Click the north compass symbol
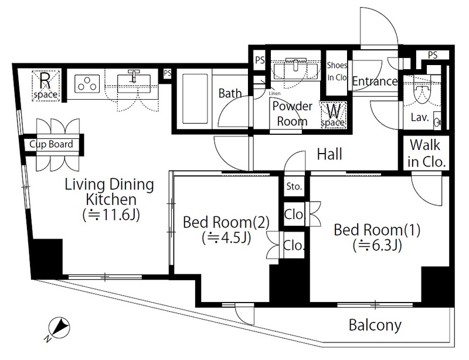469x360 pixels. tap(59, 328)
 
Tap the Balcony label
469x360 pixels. tap(375, 325)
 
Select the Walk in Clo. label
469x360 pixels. tap(426, 154)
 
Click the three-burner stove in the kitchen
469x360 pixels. tap(87, 83)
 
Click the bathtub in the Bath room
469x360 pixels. tap(195, 99)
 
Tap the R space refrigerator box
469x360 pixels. tap(45, 85)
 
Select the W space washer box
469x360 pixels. tap(333, 115)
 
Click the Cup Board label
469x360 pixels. tap(51, 144)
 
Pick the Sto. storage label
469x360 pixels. tap(294, 186)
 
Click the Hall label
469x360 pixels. tap(329, 154)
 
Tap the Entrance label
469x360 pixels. tap(375, 81)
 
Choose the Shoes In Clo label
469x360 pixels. tap(337, 71)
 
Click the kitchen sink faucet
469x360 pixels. tap(134, 76)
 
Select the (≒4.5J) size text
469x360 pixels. tap(226, 238)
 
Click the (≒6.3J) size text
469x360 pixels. tap(377, 246)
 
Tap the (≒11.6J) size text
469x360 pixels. tap(111, 215)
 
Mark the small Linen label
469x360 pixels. tap(274, 93)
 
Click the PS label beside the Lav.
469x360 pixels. tap(433, 55)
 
